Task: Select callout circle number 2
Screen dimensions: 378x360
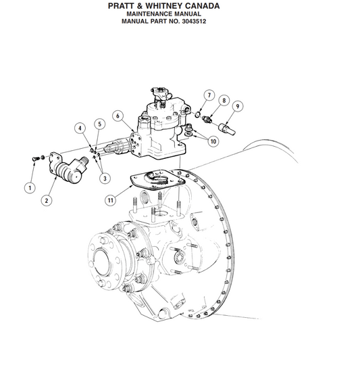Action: click(47, 199)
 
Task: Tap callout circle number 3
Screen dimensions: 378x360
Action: click(105, 179)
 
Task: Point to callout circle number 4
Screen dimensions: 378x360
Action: click(80, 128)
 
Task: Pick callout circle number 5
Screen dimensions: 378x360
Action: click(99, 124)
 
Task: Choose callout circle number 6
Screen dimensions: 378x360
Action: click(118, 116)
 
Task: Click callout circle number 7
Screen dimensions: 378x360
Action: click(209, 95)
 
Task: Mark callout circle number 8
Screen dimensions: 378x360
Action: click(222, 101)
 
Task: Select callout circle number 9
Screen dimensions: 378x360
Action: click(237, 105)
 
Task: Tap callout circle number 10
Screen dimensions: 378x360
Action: click(213, 141)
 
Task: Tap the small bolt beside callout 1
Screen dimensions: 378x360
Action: click(36, 158)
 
